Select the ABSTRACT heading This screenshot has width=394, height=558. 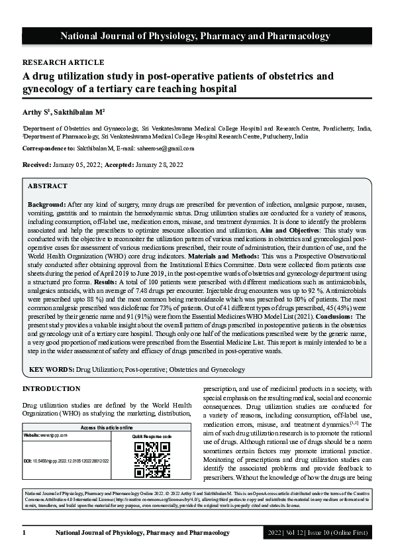48,186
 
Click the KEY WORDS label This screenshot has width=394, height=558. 50,368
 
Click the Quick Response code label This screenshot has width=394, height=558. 152,437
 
